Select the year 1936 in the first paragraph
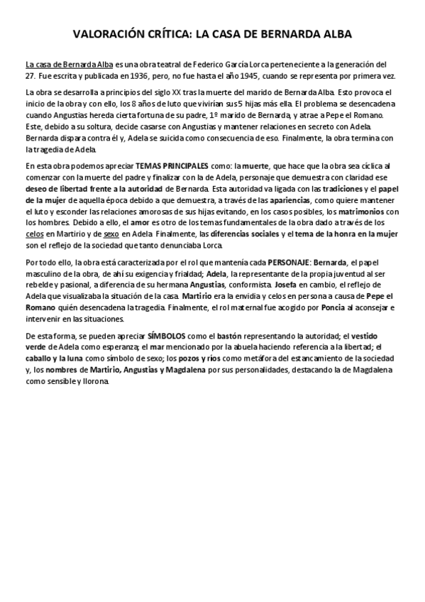[148, 76]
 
